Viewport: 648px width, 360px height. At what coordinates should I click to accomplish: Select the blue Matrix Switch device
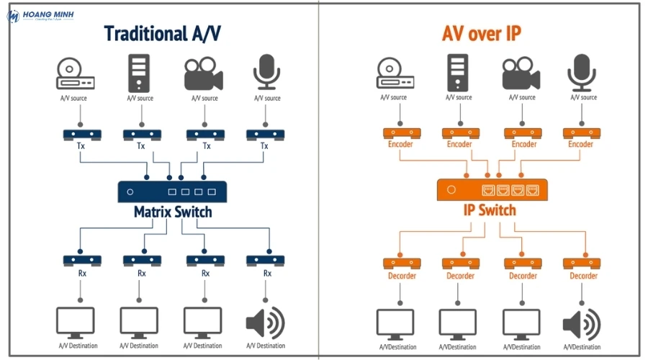click(x=172, y=192)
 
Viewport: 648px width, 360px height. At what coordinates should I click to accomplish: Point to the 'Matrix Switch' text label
click(x=173, y=212)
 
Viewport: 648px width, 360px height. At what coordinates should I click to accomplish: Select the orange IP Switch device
click(x=492, y=189)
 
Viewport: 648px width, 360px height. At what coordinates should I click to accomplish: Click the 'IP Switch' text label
click(x=489, y=210)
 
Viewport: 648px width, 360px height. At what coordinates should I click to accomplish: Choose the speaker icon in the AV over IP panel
click(x=581, y=324)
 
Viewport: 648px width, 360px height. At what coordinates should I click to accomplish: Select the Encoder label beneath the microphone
click(x=580, y=144)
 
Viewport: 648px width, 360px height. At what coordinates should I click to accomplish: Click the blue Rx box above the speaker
click(x=266, y=260)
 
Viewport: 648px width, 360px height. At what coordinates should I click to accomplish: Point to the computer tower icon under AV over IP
click(x=459, y=73)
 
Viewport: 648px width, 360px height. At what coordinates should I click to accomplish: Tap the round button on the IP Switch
click(x=451, y=190)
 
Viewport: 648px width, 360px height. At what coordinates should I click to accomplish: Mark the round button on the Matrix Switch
click(x=130, y=192)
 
